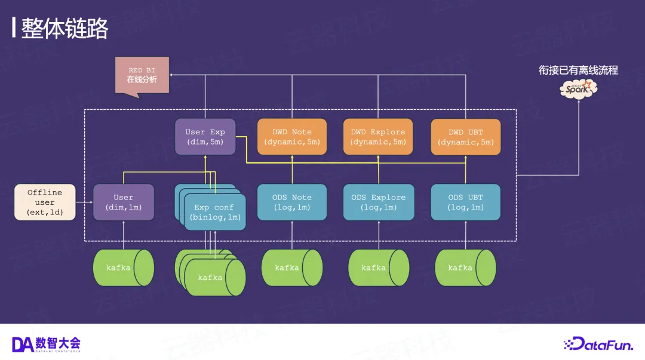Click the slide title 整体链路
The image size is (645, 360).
click(x=64, y=28)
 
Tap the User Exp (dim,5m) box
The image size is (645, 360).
click(x=205, y=137)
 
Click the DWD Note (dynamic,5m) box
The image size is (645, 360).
click(x=292, y=137)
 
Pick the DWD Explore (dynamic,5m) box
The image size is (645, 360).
click(x=378, y=137)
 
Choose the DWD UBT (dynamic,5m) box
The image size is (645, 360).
click(x=466, y=137)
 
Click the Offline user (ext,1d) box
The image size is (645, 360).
click(x=45, y=202)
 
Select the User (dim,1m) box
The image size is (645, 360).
click(x=124, y=202)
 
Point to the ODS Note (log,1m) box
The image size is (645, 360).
click(x=292, y=202)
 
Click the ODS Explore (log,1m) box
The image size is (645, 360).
click(x=378, y=202)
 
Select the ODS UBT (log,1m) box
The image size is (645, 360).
click(x=466, y=202)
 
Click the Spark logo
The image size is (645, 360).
click(x=578, y=89)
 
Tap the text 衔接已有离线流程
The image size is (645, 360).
click(x=578, y=70)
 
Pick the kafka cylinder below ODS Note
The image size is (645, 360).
click(x=292, y=267)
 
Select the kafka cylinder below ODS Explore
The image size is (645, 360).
click(x=378, y=267)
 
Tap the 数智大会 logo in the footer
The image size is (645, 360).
click(x=46, y=344)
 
